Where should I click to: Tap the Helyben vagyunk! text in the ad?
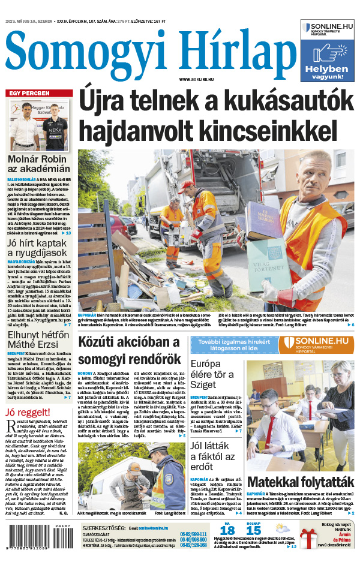tap(327, 73)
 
